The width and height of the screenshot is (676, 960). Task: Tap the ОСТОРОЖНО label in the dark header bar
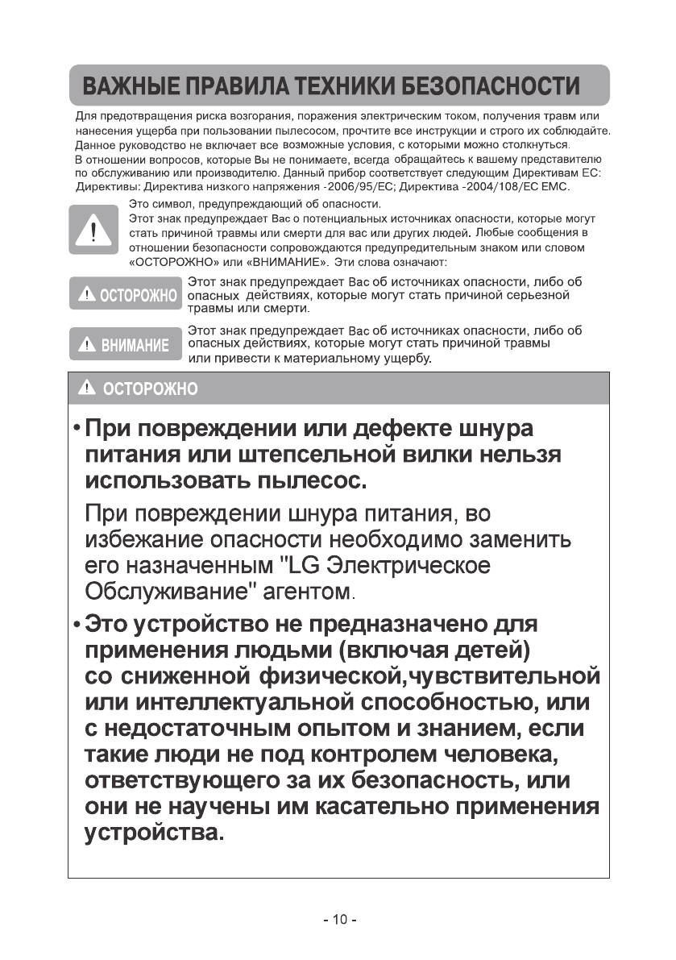[x=139, y=389]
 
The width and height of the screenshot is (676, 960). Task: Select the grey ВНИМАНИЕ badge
[x=123, y=344]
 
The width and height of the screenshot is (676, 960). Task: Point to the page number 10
[x=338, y=920]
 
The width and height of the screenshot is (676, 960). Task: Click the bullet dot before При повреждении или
[x=76, y=428]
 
